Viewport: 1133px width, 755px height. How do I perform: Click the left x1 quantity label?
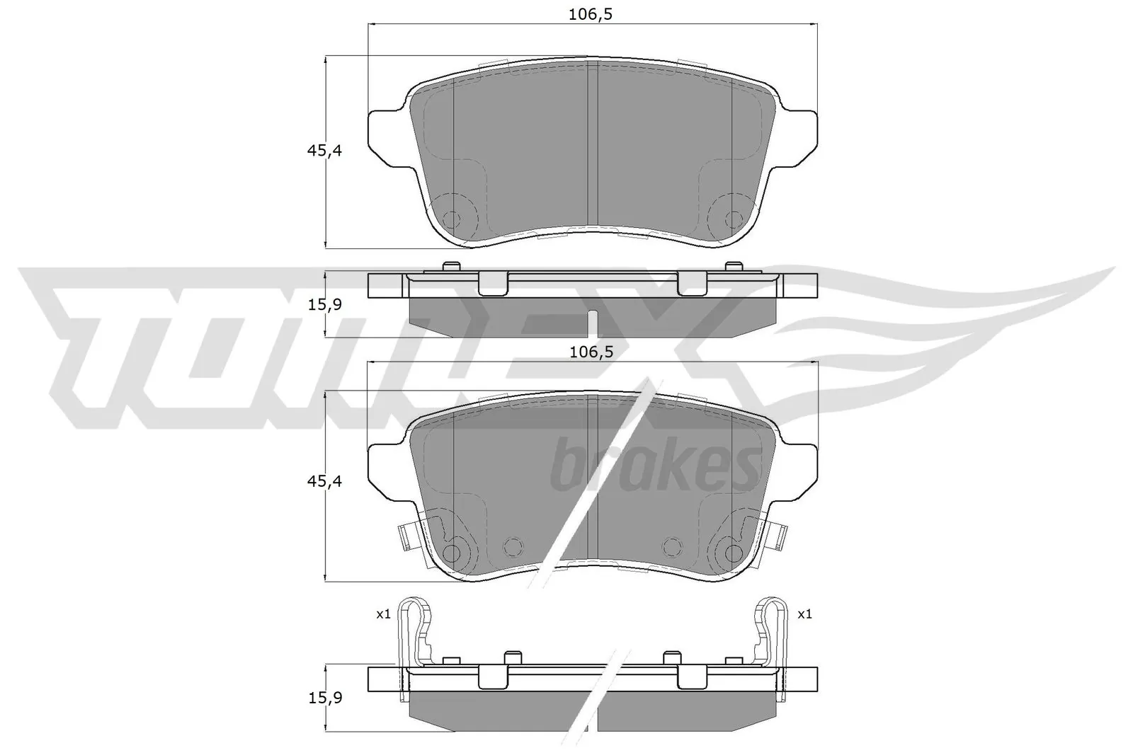pyautogui.click(x=383, y=614)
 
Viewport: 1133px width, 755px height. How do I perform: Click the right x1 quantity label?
pyautogui.click(x=804, y=614)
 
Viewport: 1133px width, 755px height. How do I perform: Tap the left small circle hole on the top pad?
pyautogui.click(x=450, y=218)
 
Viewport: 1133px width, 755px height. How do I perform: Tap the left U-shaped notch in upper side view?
pyautogui.click(x=493, y=284)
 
